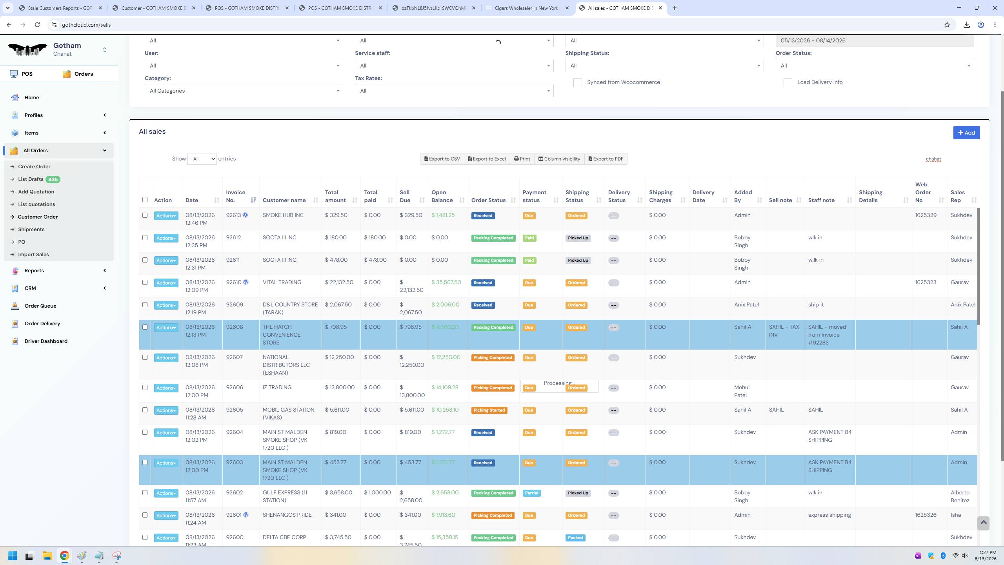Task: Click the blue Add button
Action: [966, 133]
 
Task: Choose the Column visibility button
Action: [559, 159]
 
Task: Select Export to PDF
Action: [606, 159]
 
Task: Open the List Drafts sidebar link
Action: [31, 179]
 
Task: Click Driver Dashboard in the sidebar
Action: [46, 341]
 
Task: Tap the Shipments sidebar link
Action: [31, 230]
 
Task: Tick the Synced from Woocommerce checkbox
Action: [577, 83]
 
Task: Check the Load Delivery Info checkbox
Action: [788, 83]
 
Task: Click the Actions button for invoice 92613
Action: [166, 216]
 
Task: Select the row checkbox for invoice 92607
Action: [145, 357]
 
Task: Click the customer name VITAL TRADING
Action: [282, 282]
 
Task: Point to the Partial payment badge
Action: [531, 493]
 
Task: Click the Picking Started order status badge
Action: [489, 410]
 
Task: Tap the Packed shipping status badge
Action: [575, 538]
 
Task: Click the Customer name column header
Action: [284, 200]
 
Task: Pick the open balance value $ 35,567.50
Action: [446, 282]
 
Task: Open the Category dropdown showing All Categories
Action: [244, 91]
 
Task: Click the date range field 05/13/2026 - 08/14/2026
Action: [875, 41]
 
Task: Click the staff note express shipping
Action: [829, 515]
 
